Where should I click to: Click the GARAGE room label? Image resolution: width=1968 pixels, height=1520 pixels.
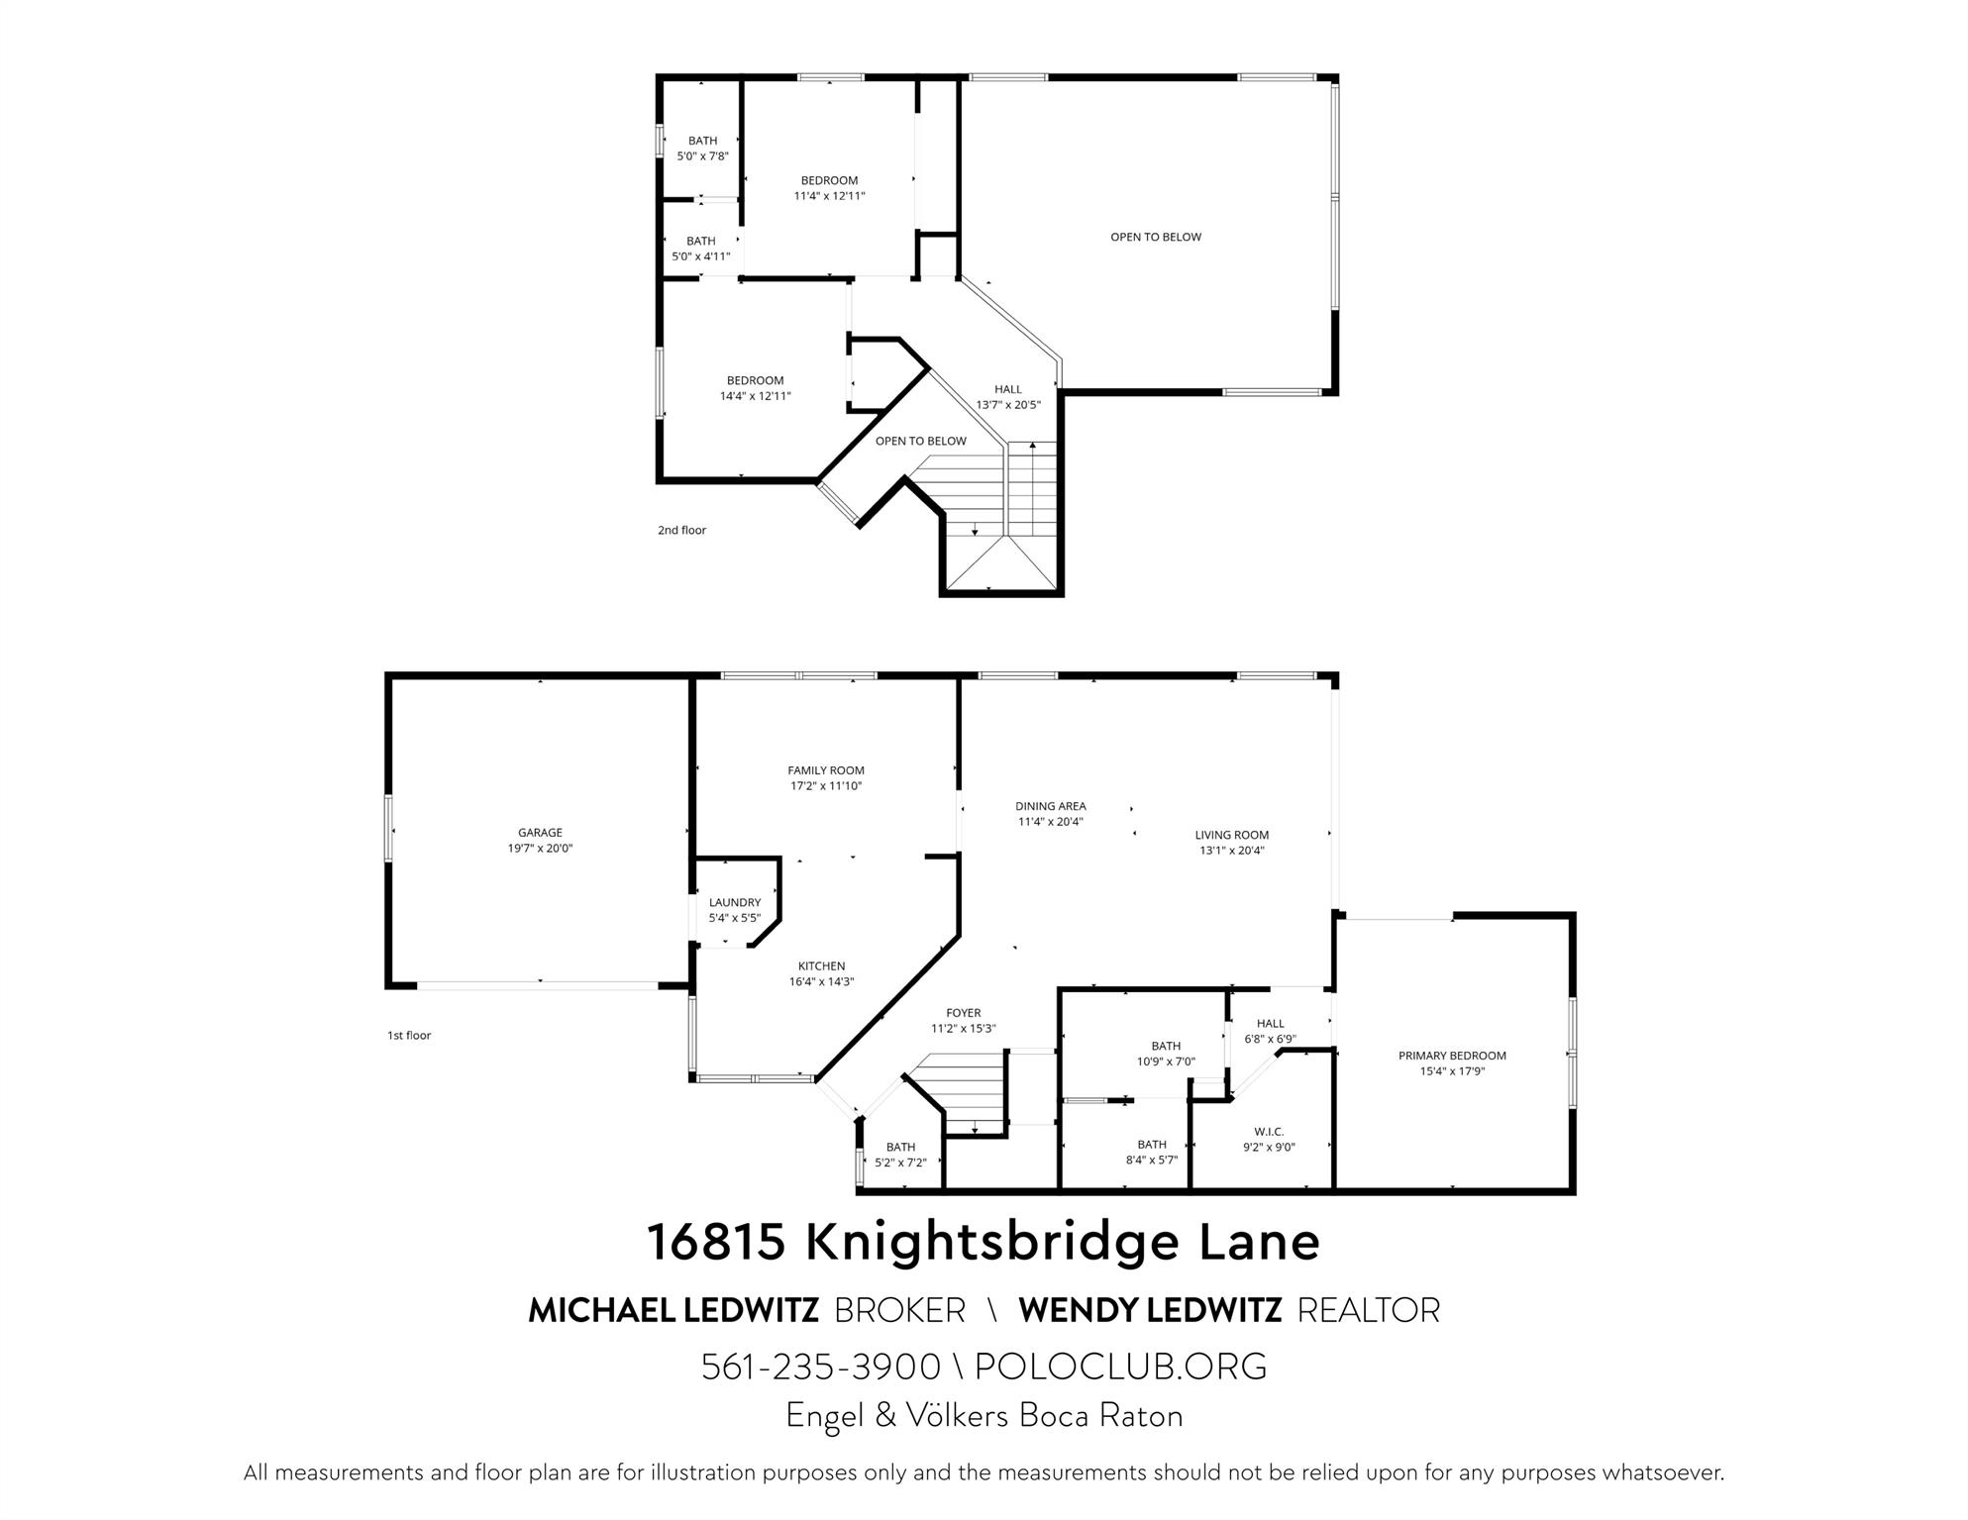click(540, 833)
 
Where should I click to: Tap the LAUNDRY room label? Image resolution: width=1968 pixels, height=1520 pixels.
click(734, 902)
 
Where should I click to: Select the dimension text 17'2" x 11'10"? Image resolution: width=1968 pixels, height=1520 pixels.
click(826, 786)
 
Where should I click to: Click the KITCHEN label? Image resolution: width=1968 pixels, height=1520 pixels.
click(821, 966)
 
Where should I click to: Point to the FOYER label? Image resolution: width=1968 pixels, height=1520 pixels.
click(963, 1013)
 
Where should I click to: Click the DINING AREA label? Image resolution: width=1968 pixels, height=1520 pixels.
click(1050, 806)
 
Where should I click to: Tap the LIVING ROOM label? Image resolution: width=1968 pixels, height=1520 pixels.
click(1231, 835)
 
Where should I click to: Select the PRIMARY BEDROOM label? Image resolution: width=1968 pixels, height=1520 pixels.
click(1451, 1056)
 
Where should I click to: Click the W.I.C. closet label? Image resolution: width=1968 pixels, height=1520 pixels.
click(1268, 1132)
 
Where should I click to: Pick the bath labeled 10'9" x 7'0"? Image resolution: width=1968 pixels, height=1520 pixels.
click(1166, 1054)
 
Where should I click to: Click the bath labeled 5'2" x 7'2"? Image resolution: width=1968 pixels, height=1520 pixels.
click(900, 1155)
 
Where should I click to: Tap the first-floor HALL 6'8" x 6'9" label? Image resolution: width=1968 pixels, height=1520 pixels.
click(1270, 1031)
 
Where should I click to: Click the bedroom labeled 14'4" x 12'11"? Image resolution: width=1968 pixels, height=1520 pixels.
click(755, 388)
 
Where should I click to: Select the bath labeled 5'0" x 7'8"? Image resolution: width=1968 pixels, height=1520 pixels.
click(702, 149)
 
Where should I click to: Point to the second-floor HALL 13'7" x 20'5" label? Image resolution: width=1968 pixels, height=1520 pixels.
click(1007, 397)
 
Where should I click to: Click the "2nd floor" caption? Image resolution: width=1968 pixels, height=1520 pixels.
click(681, 530)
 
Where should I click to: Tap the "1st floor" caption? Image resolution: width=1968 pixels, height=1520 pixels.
click(409, 1036)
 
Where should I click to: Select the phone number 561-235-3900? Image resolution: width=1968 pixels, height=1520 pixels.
click(820, 1367)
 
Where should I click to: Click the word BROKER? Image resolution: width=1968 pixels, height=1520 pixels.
click(899, 1310)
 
